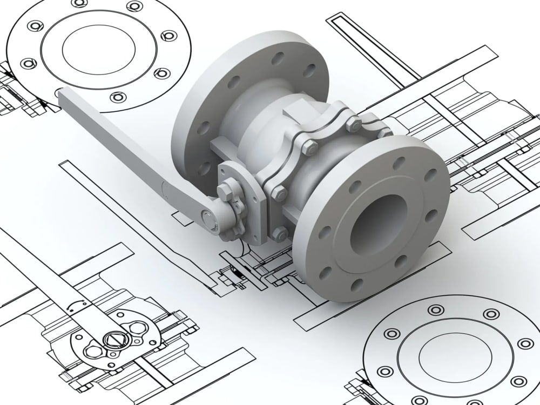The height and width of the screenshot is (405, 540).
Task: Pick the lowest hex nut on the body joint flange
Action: click(x=280, y=233)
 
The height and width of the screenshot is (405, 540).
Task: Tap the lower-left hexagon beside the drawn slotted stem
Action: click(x=92, y=349)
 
